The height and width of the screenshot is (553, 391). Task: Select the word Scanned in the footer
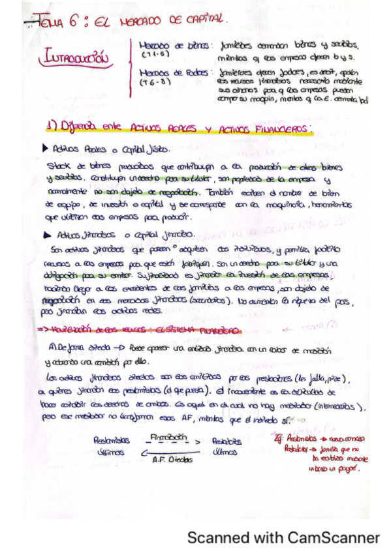point(213,538)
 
